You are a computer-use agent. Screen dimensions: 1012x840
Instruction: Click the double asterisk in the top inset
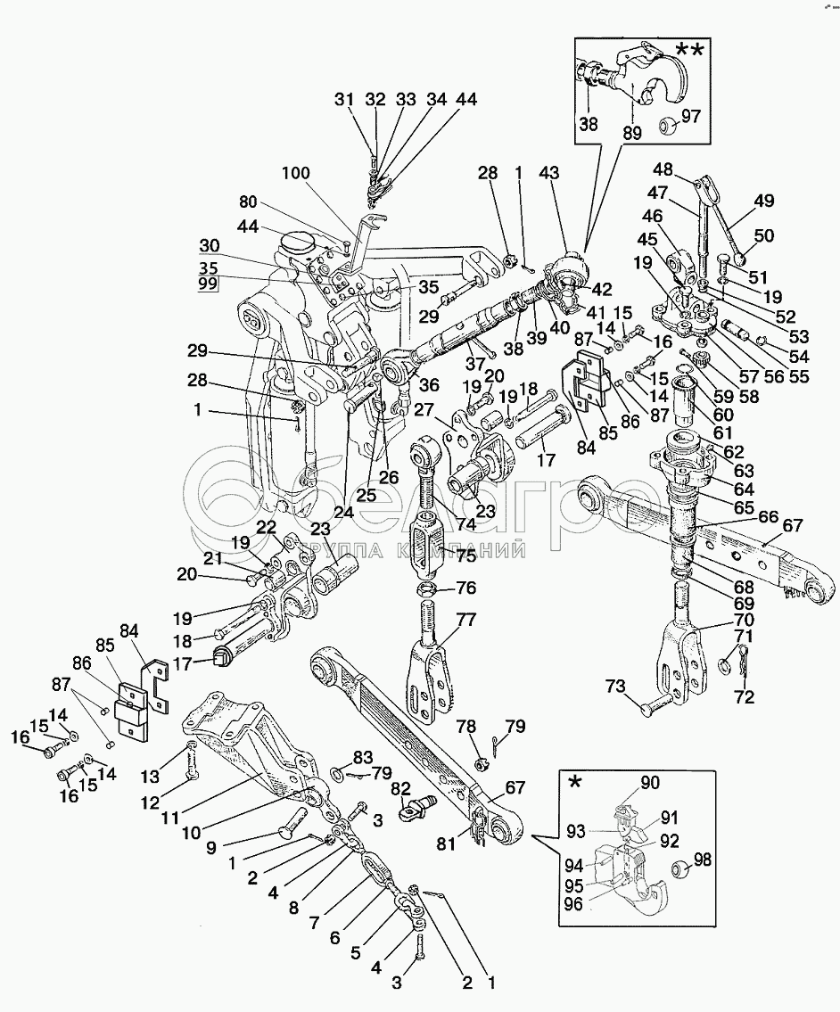(x=688, y=51)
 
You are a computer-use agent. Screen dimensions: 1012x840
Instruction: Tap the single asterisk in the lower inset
(x=575, y=782)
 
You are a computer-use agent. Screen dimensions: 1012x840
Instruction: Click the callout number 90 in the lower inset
(x=649, y=783)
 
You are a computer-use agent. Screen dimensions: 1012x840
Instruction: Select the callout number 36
(x=429, y=386)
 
